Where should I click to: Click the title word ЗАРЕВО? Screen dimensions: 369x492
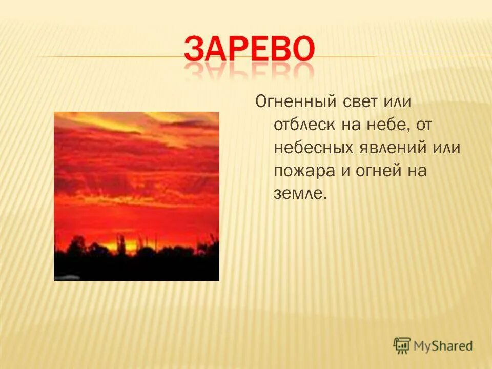coord(249,50)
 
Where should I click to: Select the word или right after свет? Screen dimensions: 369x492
coord(398,102)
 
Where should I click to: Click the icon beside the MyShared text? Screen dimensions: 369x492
coord(402,345)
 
